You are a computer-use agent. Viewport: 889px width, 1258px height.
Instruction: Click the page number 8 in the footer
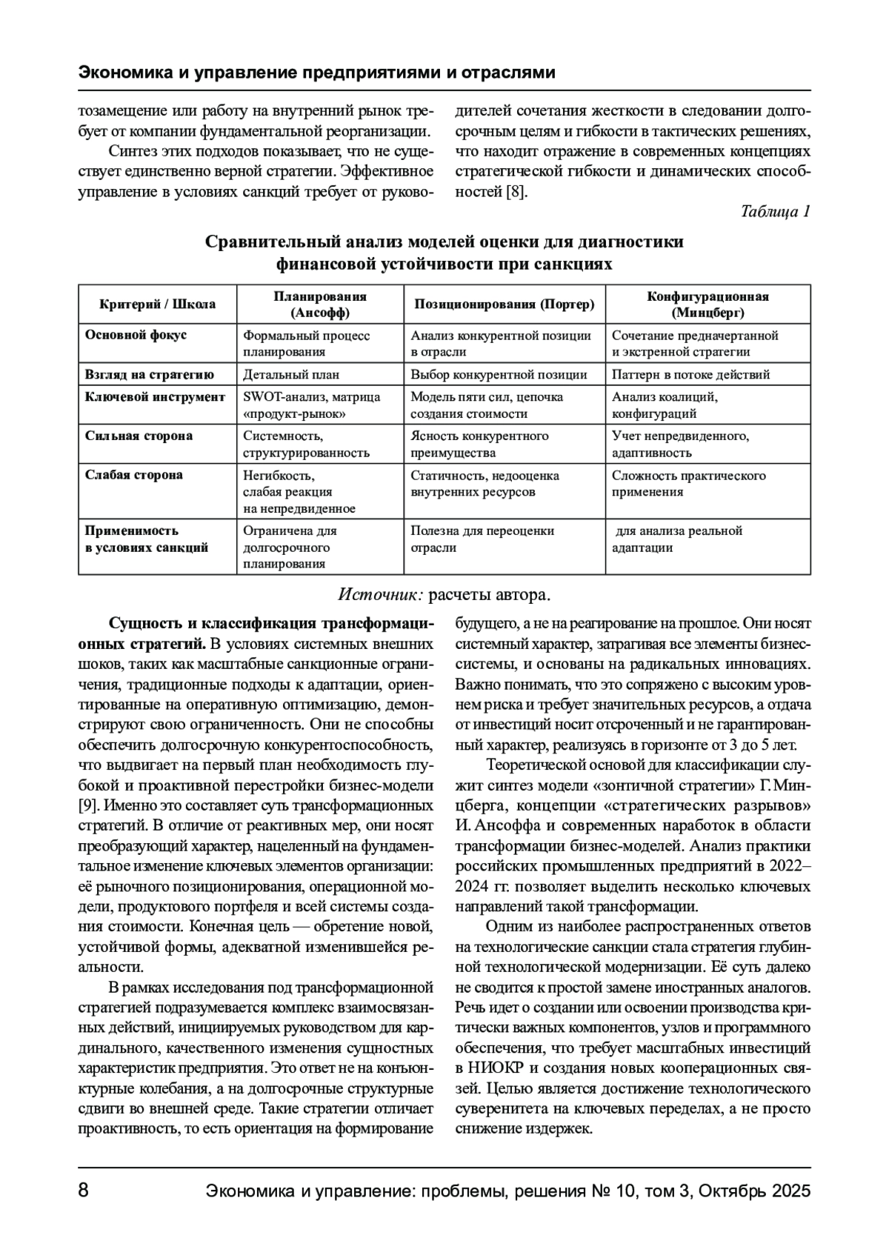pos(84,1191)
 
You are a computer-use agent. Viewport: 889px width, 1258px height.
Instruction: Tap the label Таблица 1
pos(775,212)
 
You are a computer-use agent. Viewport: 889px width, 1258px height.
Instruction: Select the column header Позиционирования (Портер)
pos(504,304)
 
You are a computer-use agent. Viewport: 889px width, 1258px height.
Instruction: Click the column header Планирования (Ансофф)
pos(320,304)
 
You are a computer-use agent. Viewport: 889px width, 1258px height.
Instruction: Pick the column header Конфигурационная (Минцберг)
pos(707,304)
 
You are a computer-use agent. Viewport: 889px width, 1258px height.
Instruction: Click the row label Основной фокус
pos(136,335)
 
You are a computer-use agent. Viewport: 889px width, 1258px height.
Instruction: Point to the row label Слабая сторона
pos(134,475)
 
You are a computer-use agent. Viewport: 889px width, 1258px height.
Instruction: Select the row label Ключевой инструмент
pos(155,397)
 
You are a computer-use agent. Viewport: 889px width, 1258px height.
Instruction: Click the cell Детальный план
pos(291,375)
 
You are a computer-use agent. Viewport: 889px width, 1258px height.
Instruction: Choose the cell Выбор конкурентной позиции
pos(499,375)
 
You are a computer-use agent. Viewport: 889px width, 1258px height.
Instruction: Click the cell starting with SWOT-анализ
pos(311,405)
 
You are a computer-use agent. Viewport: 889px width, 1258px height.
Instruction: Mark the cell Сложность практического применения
pos(688,484)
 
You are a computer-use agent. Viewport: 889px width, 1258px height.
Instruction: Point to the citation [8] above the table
pos(516,192)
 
